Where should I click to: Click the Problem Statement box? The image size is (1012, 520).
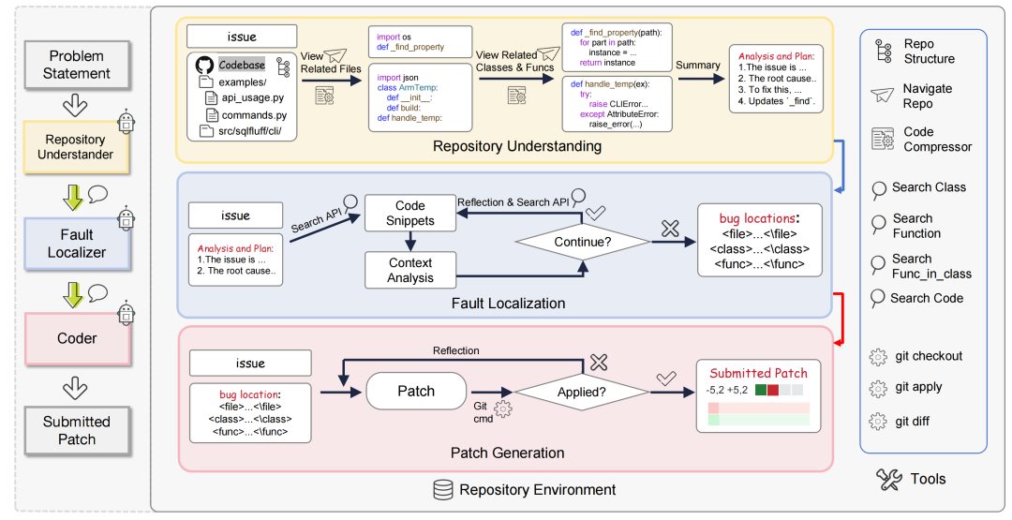click(x=77, y=66)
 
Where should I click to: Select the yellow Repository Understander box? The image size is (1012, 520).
click(x=77, y=147)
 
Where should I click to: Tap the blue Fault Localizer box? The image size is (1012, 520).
click(x=77, y=244)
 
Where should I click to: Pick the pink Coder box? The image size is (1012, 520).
click(x=77, y=338)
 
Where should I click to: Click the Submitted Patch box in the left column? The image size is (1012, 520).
click(x=77, y=430)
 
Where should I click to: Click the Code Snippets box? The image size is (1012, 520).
click(x=409, y=214)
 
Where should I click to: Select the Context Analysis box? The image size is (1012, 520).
click(x=410, y=270)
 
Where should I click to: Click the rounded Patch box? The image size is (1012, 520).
click(x=416, y=391)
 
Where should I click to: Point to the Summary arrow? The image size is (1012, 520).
click(x=699, y=78)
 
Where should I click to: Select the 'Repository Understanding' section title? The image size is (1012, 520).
click(x=517, y=146)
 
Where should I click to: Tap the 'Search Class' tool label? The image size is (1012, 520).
click(x=929, y=187)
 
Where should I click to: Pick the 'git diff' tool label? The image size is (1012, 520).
click(x=912, y=421)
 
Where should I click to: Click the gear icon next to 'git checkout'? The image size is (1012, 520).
click(x=878, y=357)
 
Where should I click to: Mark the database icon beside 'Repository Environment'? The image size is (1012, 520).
click(x=442, y=489)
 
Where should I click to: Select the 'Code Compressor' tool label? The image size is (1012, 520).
click(x=937, y=140)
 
